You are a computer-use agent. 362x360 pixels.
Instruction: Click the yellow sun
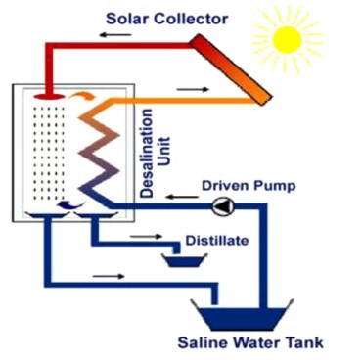coord(287,40)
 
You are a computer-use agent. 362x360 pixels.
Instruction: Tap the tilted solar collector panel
coord(231,69)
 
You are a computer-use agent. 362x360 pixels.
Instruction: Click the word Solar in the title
coord(127,19)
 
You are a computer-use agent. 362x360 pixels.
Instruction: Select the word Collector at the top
coord(191,19)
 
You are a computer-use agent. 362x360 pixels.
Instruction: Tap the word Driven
coord(226,186)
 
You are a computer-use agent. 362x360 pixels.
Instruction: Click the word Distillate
coord(217,241)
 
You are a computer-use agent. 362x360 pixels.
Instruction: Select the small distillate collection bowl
coord(185,260)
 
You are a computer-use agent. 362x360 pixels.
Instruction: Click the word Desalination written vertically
coord(147,153)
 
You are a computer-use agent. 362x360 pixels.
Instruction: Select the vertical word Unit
coord(164,152)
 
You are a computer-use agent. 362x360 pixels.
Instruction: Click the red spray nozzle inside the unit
coord(48,97)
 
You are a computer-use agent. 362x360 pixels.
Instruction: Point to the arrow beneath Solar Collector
coord(115,34)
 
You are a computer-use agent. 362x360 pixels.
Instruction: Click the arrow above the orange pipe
coord(193,89)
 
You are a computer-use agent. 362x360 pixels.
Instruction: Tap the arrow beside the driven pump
coord(182,197)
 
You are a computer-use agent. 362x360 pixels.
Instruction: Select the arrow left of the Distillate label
coord(146,236)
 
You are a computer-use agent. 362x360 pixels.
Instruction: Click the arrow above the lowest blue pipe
coord(109,277)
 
